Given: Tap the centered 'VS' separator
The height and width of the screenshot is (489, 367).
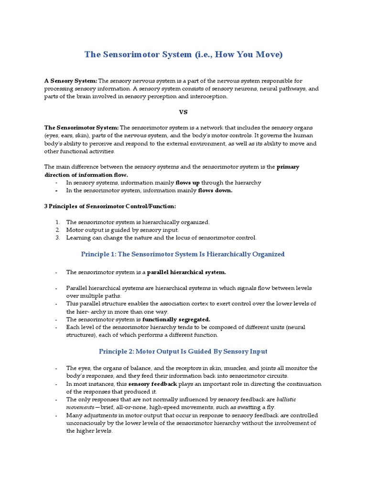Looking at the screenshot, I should point(183,112).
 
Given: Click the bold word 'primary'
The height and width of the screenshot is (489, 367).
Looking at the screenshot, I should point(288,167).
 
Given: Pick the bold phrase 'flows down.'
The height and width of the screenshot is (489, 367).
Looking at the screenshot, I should point(215,191).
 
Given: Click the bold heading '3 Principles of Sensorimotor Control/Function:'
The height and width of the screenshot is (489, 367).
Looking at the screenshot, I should point(110,206).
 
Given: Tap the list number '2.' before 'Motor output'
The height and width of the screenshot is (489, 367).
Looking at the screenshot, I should point(57,230).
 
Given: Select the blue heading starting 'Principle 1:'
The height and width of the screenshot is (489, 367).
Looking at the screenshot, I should point(183,254).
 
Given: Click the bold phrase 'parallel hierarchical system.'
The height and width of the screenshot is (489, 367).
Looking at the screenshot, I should point(186,272).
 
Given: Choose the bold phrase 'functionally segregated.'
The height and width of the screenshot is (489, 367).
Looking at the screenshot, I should point(176,319).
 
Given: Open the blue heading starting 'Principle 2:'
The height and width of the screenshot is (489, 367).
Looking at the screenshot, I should point(183,351).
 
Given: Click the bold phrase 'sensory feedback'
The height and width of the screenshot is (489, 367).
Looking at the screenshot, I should point(152,384).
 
